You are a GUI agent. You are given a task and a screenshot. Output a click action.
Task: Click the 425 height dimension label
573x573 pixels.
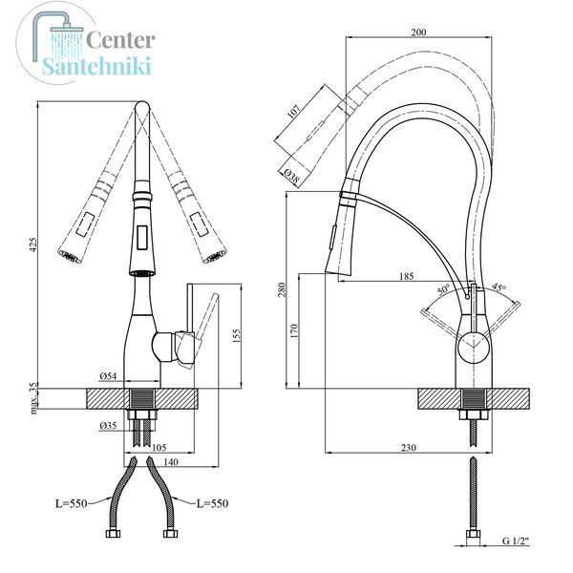(33, 244)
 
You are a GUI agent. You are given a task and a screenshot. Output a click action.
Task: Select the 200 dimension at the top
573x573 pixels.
(419, 32)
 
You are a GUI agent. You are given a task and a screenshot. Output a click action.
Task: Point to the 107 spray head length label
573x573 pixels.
(293, 111)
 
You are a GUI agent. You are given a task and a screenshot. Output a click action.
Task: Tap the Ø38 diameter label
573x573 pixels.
(291, 176)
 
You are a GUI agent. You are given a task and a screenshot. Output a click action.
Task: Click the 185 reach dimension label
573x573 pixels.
(407, 276)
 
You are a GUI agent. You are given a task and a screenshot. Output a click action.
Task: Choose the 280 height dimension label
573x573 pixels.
(282, 289)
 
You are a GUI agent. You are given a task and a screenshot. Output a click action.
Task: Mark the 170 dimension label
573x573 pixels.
(294, 330)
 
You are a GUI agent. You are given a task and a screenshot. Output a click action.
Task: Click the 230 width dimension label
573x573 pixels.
(409, 448)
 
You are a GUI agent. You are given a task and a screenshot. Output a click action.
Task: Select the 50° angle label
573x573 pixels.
(444, 289)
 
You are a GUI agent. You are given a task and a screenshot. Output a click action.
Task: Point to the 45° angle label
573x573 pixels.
(499, 286)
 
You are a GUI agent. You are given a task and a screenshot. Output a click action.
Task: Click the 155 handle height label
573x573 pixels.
(237, 336)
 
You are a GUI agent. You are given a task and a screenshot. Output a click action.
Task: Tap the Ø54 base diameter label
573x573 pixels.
(108, 376)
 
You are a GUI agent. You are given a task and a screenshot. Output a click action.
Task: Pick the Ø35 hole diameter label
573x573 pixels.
(108, 426)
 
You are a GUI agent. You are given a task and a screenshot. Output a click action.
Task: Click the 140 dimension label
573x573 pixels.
(171, 461)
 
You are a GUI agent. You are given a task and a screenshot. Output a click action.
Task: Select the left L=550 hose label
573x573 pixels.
(72, 503)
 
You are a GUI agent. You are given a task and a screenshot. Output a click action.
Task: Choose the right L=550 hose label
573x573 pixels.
(212, 503)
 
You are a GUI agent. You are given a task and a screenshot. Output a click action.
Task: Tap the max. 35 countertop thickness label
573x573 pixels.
(33, 398)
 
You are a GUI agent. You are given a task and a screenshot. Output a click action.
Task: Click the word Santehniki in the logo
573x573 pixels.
(96, 67)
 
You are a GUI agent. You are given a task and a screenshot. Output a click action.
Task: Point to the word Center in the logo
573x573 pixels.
(120, 40)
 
